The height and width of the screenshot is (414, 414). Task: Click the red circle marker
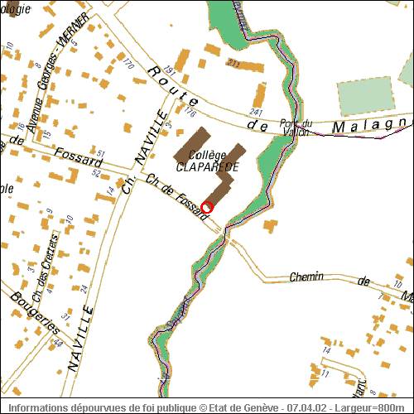207,207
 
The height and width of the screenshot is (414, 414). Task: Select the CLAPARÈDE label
207,166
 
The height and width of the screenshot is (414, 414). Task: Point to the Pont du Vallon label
296,127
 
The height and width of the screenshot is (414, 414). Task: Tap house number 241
256,113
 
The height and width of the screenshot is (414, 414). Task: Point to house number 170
128,64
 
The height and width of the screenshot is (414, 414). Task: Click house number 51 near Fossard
100,154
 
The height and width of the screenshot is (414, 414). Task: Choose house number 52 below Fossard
96,174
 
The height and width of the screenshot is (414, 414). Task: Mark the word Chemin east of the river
306,277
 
